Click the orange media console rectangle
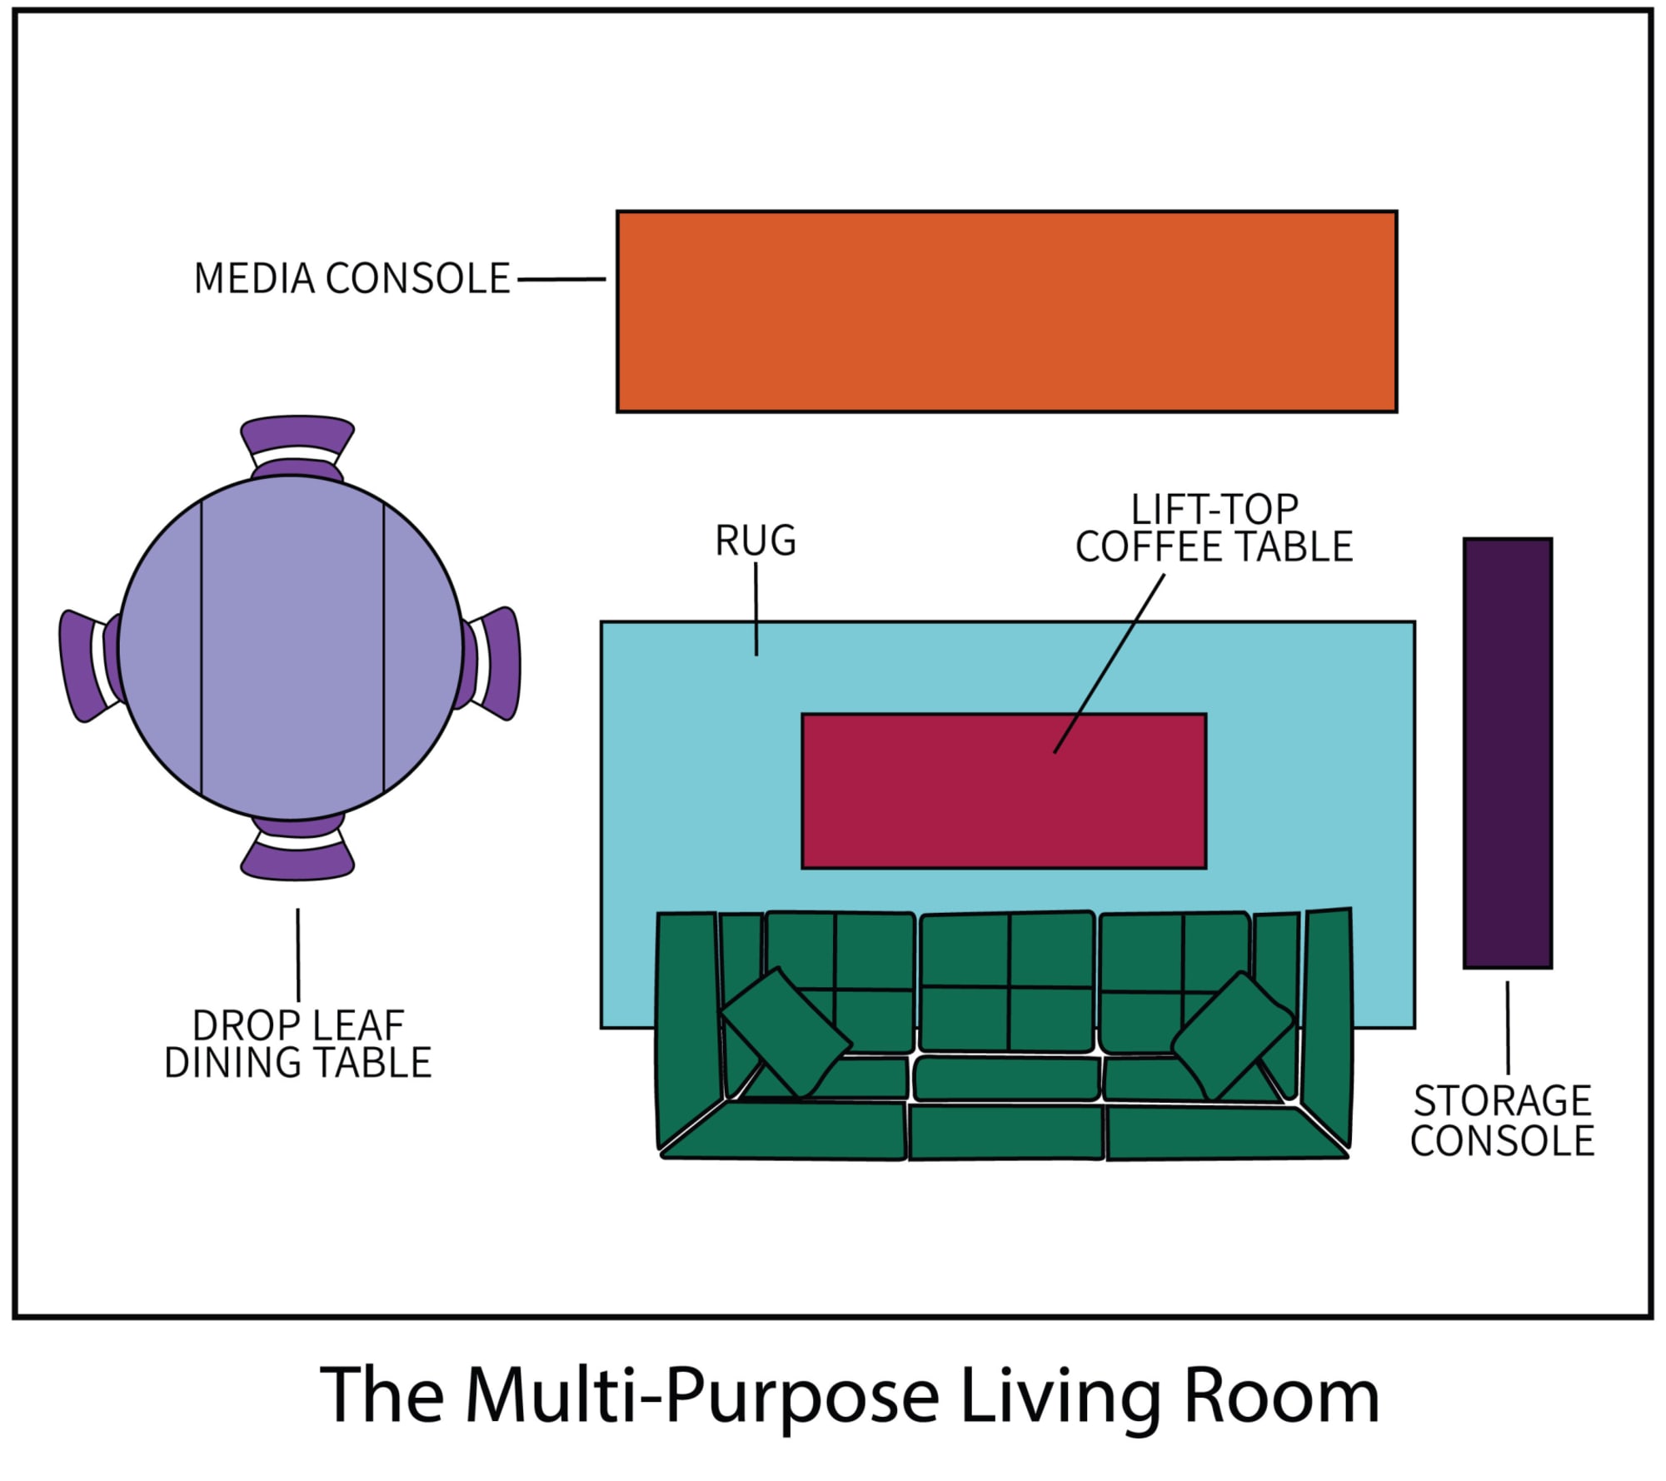(1006, 312)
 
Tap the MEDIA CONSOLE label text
(352, 279)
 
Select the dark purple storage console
(1508, 753)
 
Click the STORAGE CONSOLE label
(1502, 1121)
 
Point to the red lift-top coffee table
(1004, 791)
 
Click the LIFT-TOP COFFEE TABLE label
(1214, 528)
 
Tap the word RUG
(756, 541)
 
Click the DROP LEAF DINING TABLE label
(297, 1045)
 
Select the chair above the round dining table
(297, 438)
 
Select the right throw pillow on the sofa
(1233, 1035)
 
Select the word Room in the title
(1281, 1395)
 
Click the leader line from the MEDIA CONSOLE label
(561, 280)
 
